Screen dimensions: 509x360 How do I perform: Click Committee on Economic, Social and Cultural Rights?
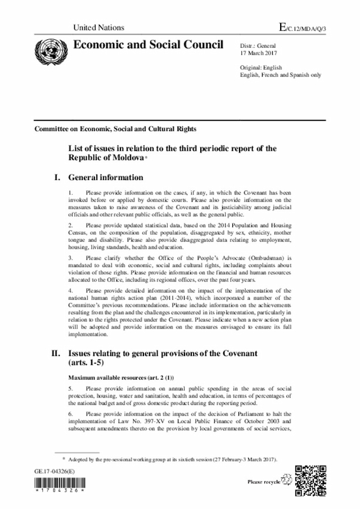pyautogui.click(x=115, y=129)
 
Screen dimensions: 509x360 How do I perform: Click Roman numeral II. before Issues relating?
pyautogui.click(x=55, y=353)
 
